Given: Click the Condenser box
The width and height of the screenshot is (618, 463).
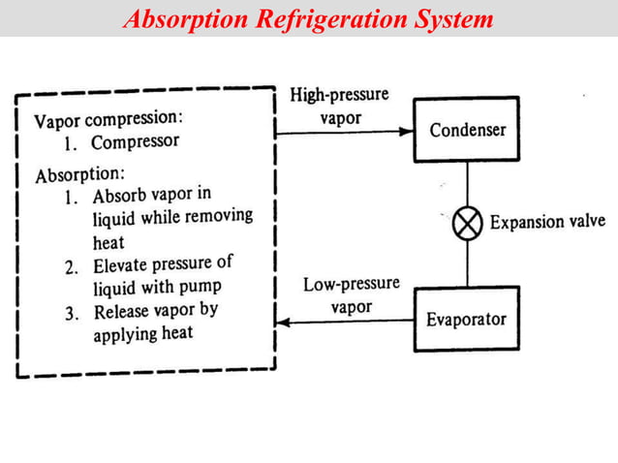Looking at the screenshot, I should [468, 129].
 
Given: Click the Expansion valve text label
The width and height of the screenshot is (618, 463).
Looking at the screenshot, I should [547, 223].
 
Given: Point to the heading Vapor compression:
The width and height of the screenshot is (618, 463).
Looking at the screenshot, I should [108, 121].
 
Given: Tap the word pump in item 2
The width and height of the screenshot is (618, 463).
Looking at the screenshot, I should [201, 286].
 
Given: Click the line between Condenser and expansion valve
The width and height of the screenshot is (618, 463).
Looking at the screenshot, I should [469, 185].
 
